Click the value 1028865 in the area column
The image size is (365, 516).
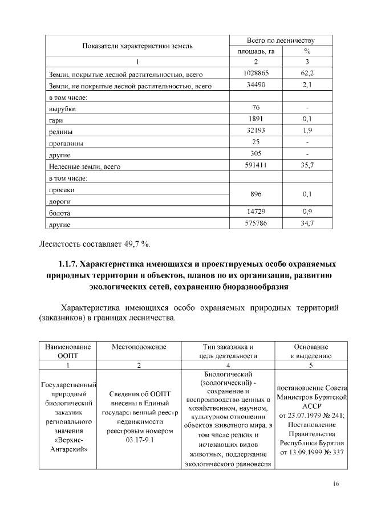(255, 74)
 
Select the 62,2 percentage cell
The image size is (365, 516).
(307, 74)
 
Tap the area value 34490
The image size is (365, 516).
(255, 85)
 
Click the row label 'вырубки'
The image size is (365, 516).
(62, 109)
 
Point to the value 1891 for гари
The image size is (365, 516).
(255, 119)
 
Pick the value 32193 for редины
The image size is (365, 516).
(255, 131)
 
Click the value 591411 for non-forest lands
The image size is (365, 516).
(255, 165)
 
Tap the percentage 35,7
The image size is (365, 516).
(307, 165)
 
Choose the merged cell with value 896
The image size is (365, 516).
(255, 194)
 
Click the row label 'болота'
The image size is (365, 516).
(60, 213)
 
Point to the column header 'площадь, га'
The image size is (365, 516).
(255, 51)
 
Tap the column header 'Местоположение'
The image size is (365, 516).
(139, 347)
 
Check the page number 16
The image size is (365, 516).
(336, 484)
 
